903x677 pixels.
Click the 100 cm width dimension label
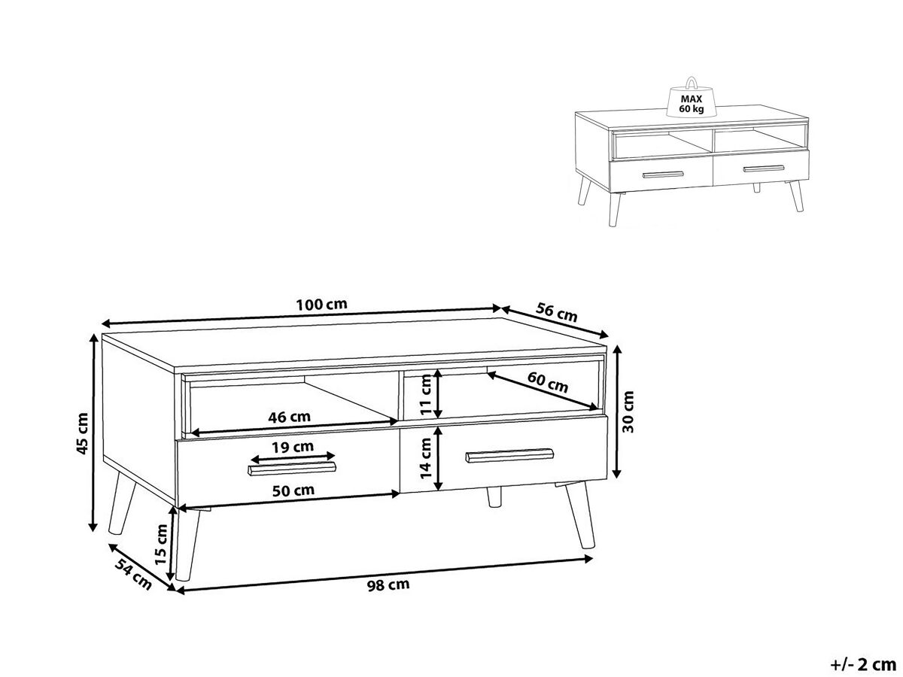pyautogui.click(x=321, y=305)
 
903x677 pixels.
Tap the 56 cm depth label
pyautogui.click(x=557, y=312)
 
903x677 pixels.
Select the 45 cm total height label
pyautogui.click(x=83, y=433)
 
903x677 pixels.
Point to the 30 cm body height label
pyautogui.click(x=628, y=411)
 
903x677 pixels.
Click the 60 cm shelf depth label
pyautogui.click(x=548, y=382)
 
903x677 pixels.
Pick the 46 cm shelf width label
pyautogui.click(x=289, y=417)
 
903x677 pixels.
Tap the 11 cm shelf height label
pyautogui.click(x=426, y=395)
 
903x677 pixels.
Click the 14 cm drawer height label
pyautogui.click(x=426, y=458)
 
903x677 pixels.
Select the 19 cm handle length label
pyautogui.click(x=293, y=446)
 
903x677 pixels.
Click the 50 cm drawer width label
pyautogui.click(x=293, y=490)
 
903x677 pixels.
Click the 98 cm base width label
pyautogui.click(x=388, y=584)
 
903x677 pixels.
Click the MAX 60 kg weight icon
pyautogui.click(x=691, y=98)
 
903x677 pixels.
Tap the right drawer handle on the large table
pyautogui.click(x=509, y=455)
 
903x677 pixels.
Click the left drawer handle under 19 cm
pyautogui.click(x=292, y=468)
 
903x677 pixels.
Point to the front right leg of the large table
pyautogui.click(x=580, y=515)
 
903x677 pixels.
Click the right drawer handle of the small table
pyautogui.click(x=763, y=168)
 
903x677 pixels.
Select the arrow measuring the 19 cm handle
pyautogui.click(x=293, y=457)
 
